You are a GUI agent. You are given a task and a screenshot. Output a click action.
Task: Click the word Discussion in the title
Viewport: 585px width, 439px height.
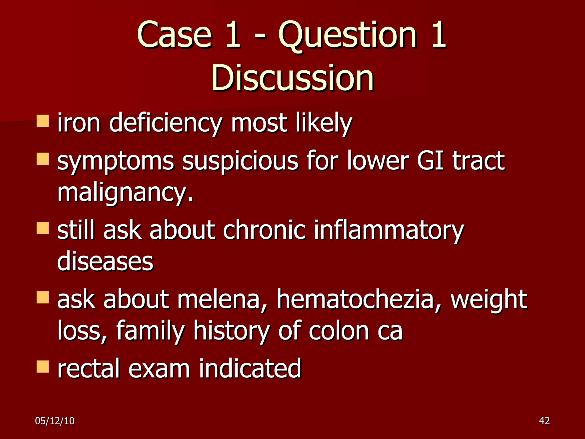[x=292, y=78]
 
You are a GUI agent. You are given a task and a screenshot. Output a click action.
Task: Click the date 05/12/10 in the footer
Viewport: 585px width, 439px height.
[x=55, y=421]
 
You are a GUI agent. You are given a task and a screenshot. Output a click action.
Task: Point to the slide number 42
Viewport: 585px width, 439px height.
[x=544, y=421]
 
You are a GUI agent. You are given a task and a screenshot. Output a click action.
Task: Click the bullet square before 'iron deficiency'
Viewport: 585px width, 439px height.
[x=43, y=121]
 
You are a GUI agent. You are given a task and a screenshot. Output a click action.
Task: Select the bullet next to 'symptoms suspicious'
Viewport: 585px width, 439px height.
[x=43, y=159]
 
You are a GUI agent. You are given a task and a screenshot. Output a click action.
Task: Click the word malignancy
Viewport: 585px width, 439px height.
[x=125, y=193]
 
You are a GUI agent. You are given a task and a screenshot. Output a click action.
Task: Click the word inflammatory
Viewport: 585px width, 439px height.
[x=389, y=230]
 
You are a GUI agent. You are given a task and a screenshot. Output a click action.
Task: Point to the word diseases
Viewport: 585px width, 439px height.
[x=105, y=261]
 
